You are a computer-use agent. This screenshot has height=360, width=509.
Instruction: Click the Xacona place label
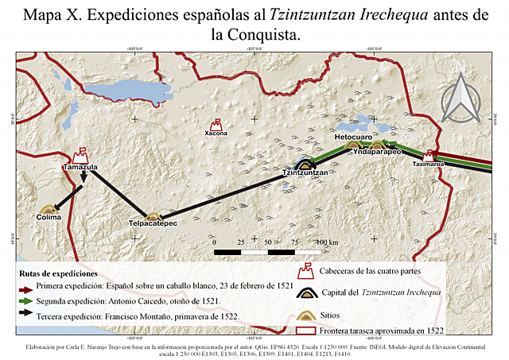coord(216,134)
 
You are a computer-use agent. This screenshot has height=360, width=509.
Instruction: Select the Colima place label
coord(49,217)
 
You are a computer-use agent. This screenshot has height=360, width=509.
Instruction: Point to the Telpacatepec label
coord(152,225)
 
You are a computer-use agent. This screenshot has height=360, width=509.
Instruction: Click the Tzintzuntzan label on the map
coord(305,172)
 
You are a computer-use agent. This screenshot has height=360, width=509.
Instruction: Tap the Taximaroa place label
coord(428,165)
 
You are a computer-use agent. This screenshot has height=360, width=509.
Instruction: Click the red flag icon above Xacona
coord(216,124)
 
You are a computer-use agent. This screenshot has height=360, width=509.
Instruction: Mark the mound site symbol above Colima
coord(49,209)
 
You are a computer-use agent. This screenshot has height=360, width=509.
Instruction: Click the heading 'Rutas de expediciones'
coord(60,272)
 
